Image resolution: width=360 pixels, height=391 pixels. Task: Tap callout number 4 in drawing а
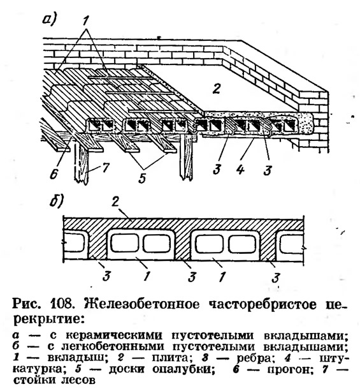240,170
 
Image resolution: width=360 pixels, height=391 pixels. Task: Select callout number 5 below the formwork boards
143,178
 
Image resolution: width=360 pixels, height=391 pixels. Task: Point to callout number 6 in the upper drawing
54,173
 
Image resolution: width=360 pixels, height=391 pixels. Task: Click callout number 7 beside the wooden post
105,167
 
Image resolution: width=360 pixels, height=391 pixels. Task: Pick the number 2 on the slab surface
216,88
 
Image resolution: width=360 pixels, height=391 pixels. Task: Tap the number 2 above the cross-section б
115,202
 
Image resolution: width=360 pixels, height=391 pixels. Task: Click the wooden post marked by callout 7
81,164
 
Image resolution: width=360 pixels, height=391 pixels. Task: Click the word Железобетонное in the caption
142,304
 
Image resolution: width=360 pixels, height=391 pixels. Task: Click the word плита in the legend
169,358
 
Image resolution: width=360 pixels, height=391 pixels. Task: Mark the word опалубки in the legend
184,369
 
